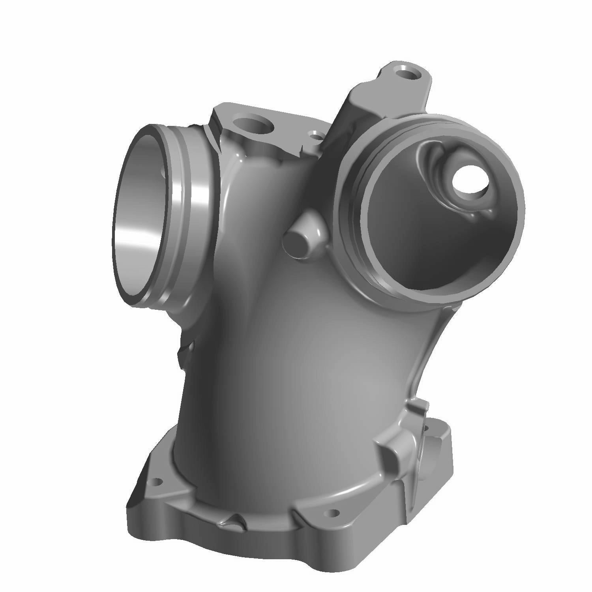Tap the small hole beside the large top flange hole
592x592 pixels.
[315, 137]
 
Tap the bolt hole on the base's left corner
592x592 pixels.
[157, 482]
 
